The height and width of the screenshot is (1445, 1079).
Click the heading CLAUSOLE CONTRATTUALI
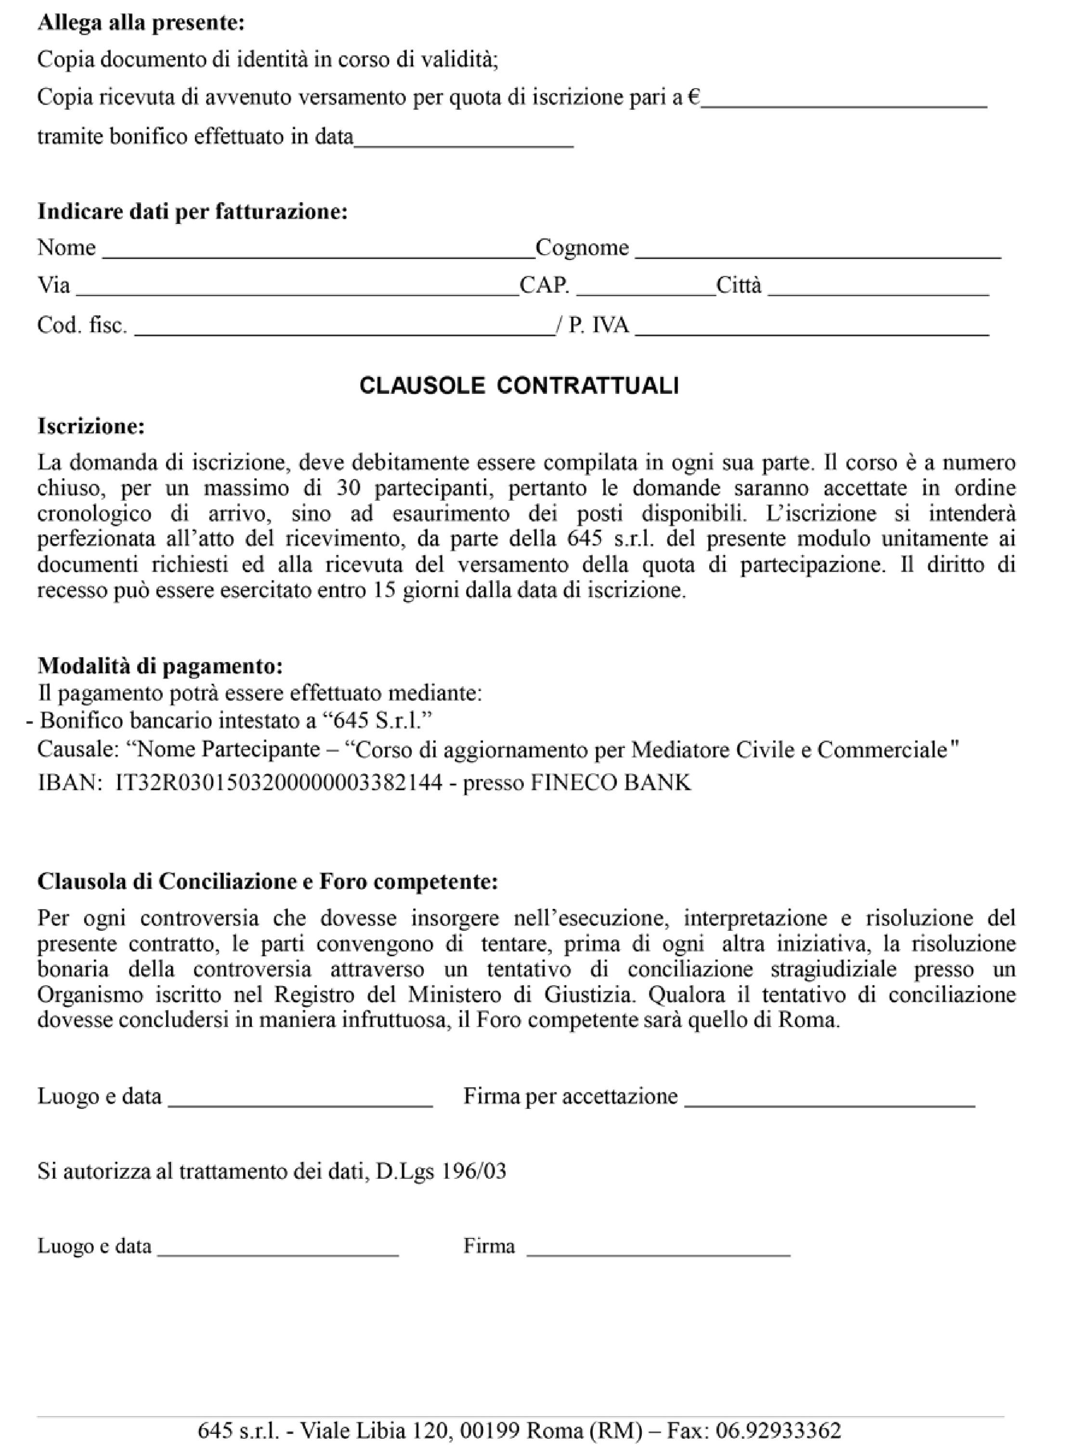click(519, 386)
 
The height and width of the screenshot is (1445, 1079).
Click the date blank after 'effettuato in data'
click(464, 143)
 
